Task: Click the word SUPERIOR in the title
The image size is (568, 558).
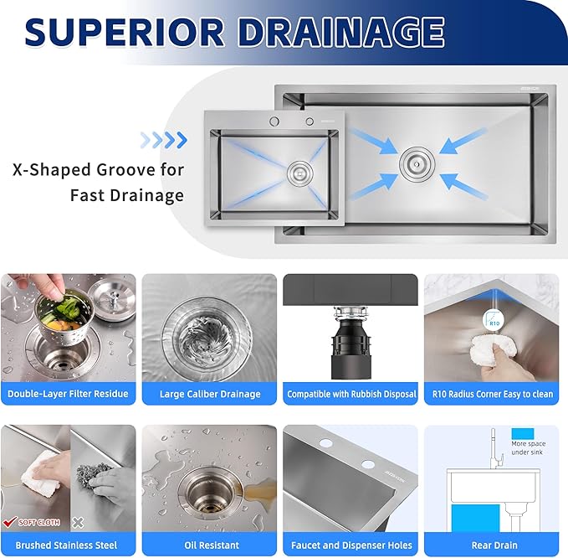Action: [x=125, y=32]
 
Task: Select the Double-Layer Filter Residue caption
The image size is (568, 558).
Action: [x=69, y=394]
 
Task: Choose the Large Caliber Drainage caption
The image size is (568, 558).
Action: [x=210, y=394]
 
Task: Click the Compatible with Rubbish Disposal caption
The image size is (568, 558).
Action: [x=351, y=394]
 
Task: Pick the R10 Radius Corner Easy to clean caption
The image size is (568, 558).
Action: [x=492, y=394]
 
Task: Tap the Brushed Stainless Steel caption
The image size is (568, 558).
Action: [x=69, y=545]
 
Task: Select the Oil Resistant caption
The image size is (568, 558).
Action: [x=210, y=545]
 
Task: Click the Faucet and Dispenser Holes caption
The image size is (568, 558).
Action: [x=351, y=545]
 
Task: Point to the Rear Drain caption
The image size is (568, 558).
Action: [x=492, y=545]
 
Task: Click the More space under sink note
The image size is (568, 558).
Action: [x=528, y=447]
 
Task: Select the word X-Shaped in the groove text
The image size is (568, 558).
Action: [x=53, y=170]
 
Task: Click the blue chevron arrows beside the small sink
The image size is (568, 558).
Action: [x=163, y=138]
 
